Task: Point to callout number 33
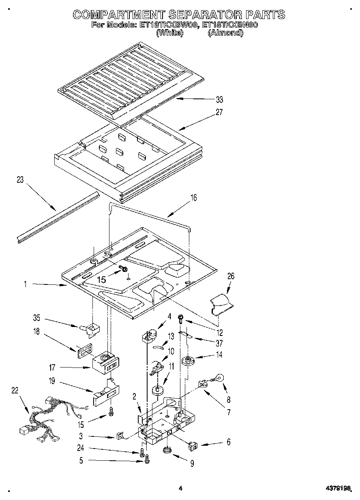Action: pos(219,100)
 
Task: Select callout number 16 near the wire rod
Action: pos(193,198)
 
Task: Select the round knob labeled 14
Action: pos(187,360)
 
